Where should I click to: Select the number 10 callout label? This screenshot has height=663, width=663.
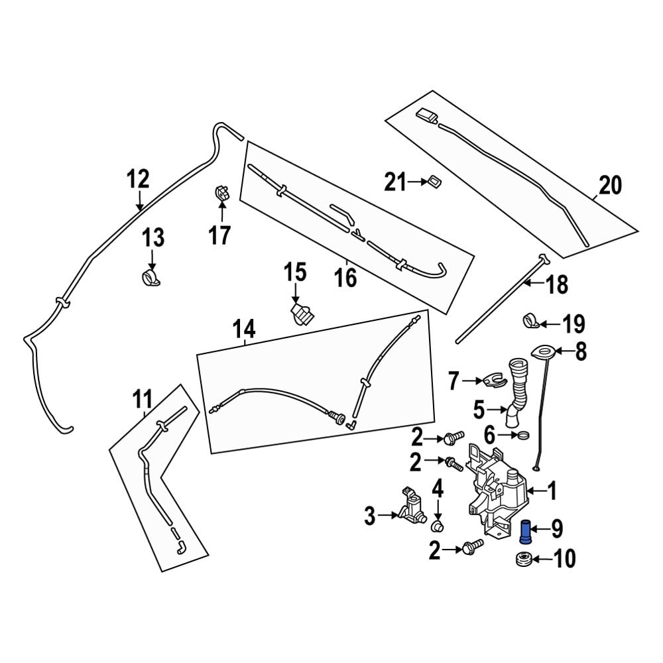coord(565,560)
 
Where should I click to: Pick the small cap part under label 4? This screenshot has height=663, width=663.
coord(437,526)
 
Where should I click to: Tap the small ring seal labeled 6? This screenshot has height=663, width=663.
coord(523,436)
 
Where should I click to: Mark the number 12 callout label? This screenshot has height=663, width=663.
coord(139,179)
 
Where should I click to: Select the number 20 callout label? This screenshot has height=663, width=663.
coord(611,186)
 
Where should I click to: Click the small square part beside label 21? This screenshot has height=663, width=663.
coord(435,180)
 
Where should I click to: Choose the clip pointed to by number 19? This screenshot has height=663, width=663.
coord(530,320)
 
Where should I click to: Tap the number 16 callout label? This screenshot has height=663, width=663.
coord(346,277)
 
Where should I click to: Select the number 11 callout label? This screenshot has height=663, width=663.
coord(143,400)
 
